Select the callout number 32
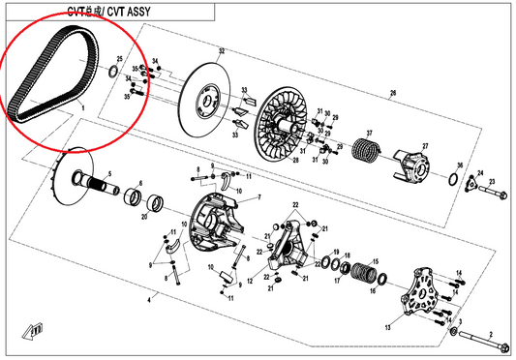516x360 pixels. click(x=221, y=50)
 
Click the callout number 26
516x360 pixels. click(x=393, y=94)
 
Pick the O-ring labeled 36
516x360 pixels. click(x=451, y=180)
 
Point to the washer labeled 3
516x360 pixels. click(x=454, y=333)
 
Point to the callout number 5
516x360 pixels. click(x=108, y=174)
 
